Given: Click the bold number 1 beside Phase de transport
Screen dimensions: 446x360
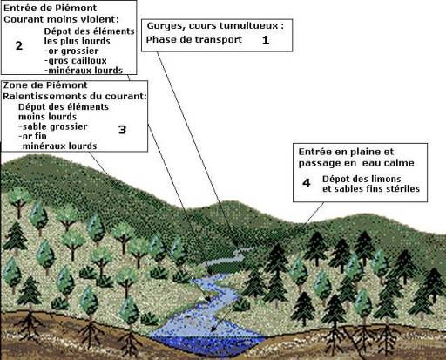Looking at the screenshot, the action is [266, 40].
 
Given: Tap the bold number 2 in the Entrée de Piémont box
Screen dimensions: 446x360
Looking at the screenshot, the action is [19, 45].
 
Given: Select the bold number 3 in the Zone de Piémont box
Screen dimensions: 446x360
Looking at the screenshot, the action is [122, 129].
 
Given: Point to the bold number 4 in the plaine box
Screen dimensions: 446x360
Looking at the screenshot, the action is [307, 183].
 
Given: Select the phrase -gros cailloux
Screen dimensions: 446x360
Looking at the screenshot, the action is [76, 61].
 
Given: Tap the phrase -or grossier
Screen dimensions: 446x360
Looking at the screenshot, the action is [71, 51].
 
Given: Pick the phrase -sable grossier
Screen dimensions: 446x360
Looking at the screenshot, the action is [52, 126].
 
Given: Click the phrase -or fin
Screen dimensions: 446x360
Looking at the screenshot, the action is [32, 136].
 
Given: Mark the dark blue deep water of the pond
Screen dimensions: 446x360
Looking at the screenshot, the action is [207, 346].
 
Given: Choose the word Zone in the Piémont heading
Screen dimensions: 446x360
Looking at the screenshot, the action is [13, 85].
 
